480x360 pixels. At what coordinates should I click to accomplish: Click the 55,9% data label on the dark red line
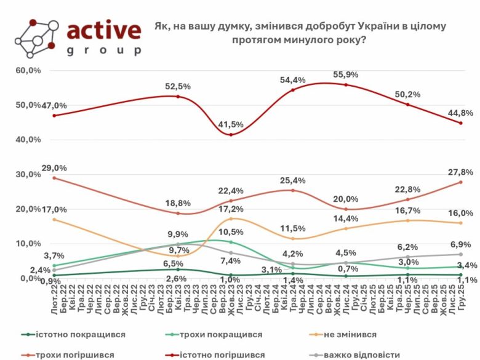click(x=346, y=74)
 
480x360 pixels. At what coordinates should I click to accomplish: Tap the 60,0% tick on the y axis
click(x=28, y=70)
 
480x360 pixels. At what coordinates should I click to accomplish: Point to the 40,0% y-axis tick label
click(x=28, y=140)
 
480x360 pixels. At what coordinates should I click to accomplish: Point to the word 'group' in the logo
click(x=103, y=50)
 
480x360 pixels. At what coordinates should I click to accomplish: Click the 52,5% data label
click(x=177, y=86)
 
